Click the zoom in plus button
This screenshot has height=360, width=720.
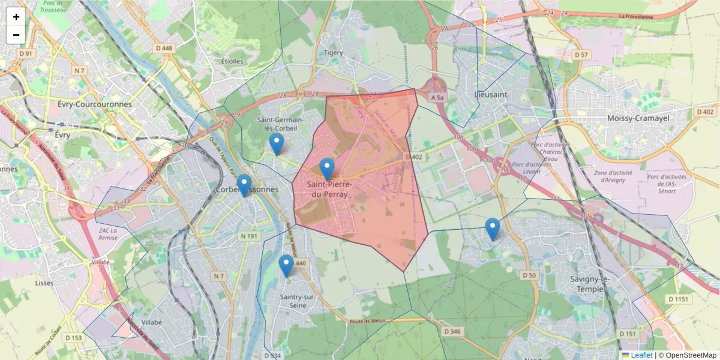tap(16, 17)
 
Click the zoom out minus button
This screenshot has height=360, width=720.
tap(16, 35)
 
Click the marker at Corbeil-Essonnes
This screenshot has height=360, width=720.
tap(244, 185)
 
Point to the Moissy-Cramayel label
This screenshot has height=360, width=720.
tap(638, 118)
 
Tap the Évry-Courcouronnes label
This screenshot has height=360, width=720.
tap(94, 104)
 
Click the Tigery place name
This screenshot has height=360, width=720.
tap(334, 53)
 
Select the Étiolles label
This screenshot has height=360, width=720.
tap(232, 61)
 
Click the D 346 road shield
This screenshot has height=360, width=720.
tap(453, 331)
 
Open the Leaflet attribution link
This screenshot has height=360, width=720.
tap(641, 355)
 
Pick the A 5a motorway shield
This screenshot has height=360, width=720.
tap(438, 97)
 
